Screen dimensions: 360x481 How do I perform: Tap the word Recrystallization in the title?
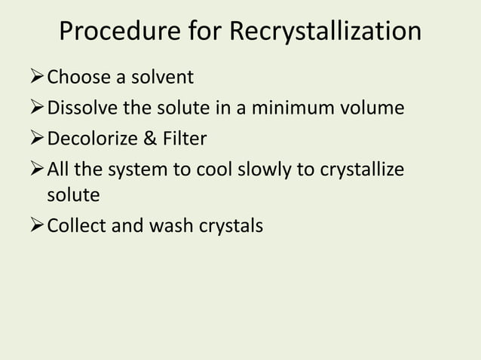325,32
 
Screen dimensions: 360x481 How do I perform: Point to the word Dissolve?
81,108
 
